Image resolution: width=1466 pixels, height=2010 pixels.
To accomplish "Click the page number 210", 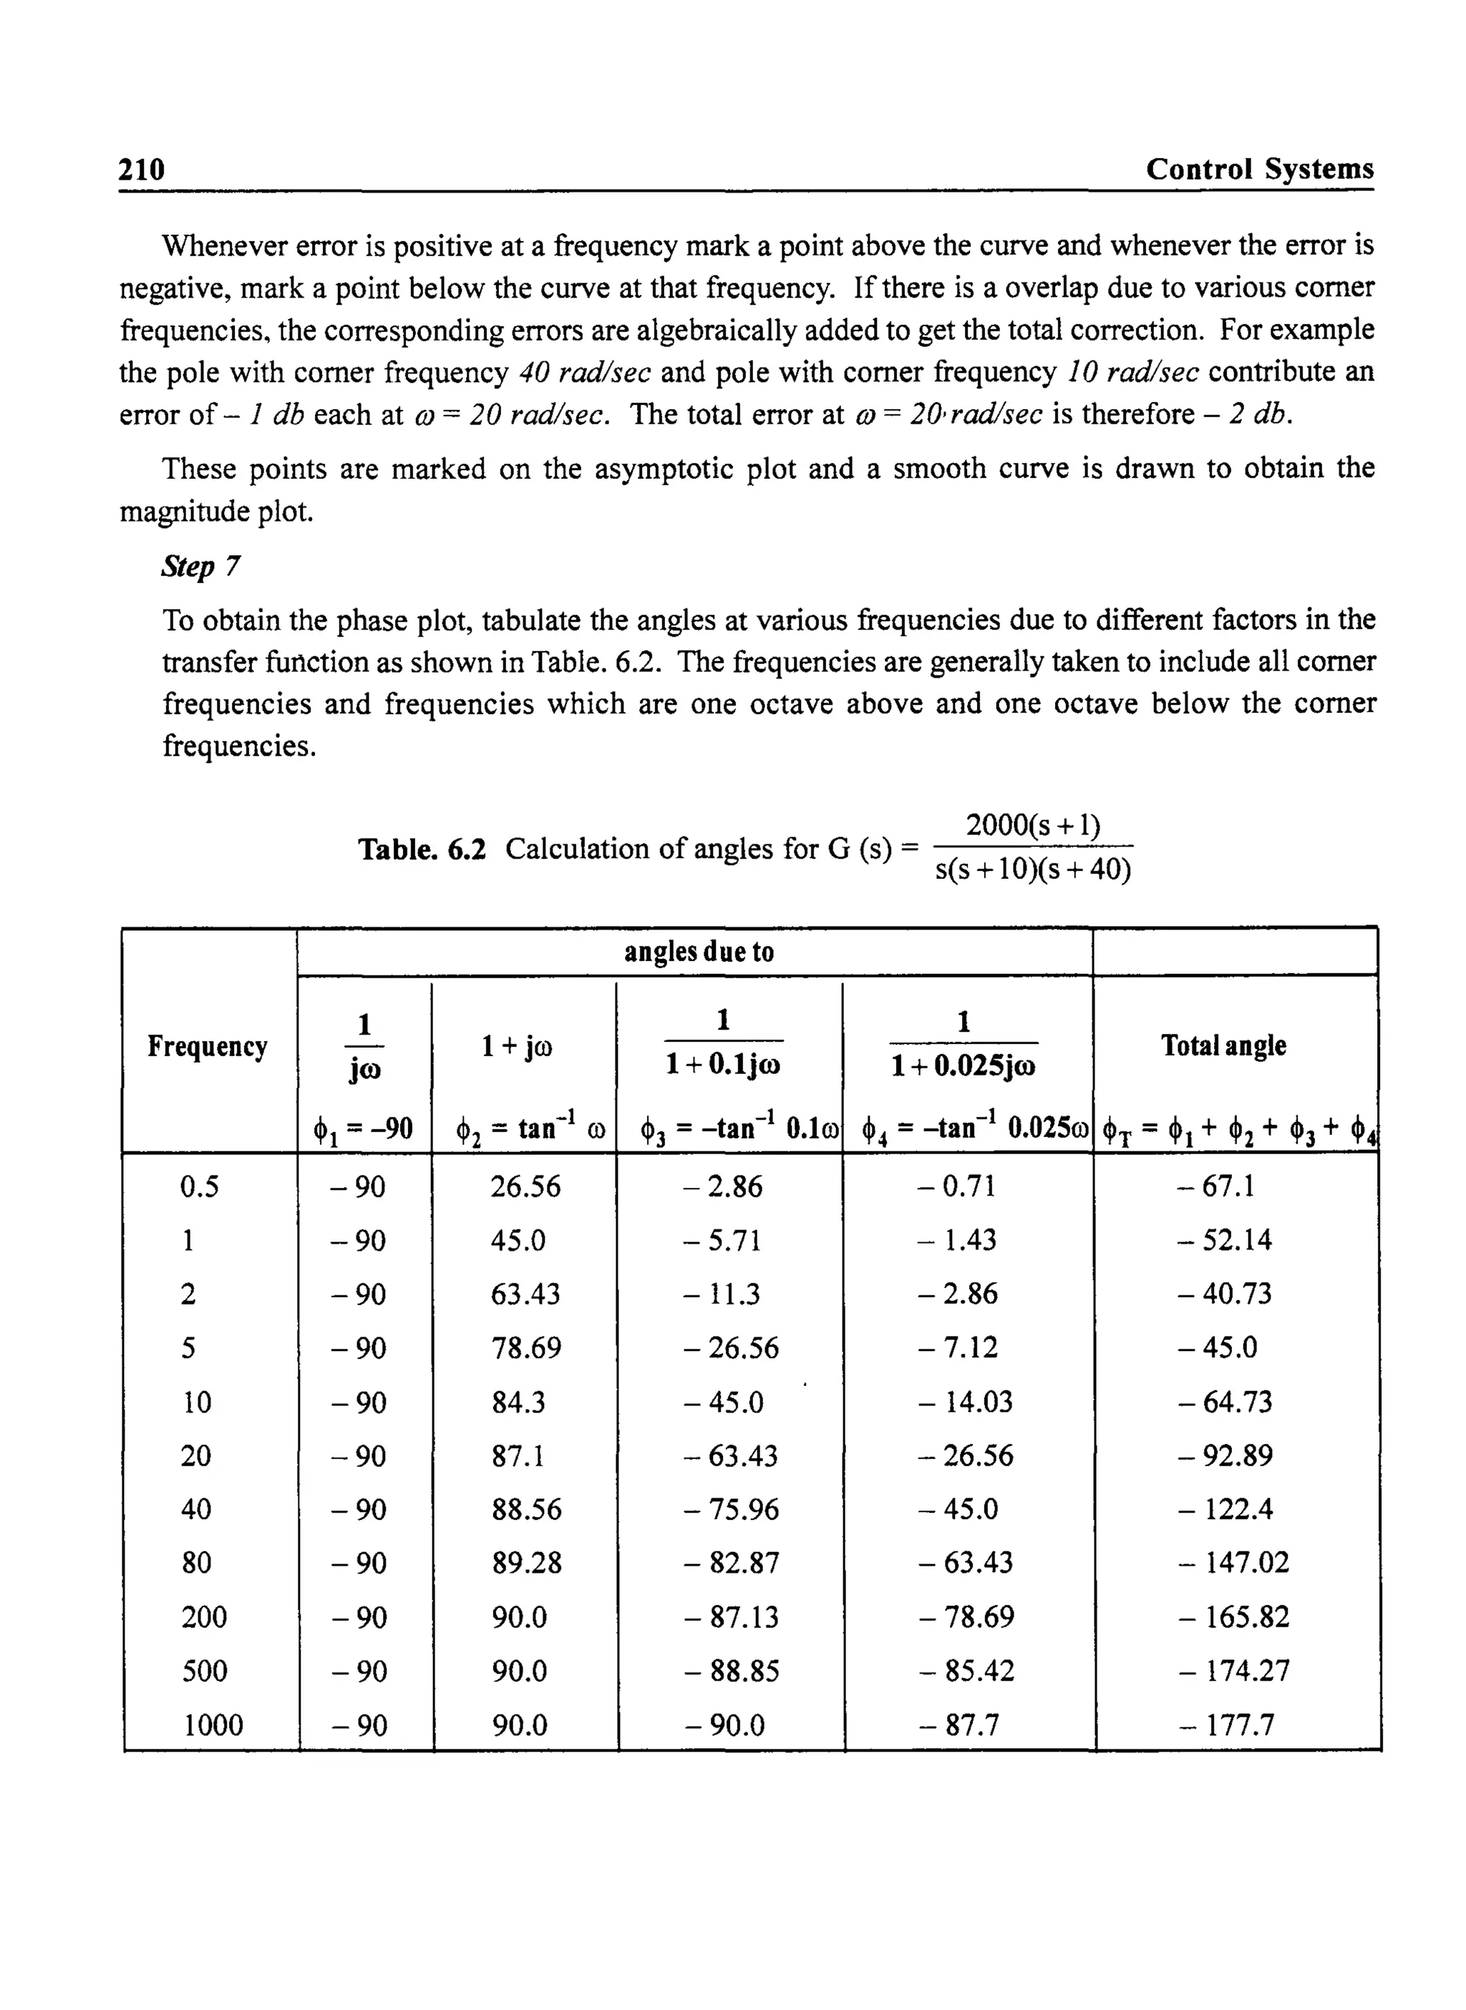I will click(142, 169).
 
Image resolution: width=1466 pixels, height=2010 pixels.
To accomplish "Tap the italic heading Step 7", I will click(200, 566).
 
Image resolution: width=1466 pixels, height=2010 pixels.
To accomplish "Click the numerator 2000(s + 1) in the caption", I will click(1033, 825).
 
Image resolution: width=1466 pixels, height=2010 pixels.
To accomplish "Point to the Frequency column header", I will click(207, 1046).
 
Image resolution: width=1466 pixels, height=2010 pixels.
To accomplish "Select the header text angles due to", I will click(699, 952).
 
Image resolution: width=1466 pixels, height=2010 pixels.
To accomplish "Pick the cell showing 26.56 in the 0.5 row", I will click(525, 1186).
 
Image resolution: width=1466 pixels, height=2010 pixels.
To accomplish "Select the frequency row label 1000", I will click(213, 1725).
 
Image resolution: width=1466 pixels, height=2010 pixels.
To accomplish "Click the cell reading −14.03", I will click(966, 1402).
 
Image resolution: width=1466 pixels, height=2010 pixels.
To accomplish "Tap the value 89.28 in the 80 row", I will click(527, 1563).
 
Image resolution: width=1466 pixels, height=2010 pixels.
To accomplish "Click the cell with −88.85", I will click(732, 1671).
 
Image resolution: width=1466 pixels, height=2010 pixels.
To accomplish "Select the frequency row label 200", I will click(204, 1617).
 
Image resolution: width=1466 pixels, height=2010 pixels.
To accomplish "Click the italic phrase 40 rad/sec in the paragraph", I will click(585, 371).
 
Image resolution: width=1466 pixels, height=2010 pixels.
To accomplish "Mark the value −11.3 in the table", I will click(722, 1294).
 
